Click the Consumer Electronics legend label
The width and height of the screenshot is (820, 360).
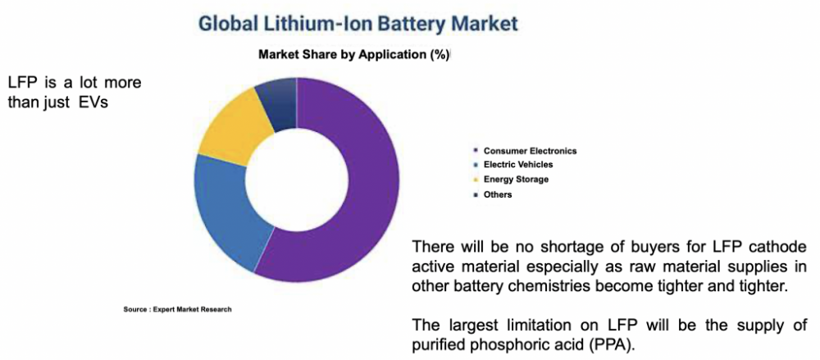530,151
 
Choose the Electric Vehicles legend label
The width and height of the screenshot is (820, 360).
517,165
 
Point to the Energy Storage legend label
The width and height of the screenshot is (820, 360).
516,180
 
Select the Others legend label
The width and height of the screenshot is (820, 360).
498,194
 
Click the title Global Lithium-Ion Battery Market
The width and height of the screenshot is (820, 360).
358,25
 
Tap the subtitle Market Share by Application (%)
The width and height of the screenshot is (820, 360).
354,56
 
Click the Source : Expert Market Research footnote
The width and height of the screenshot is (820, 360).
177,309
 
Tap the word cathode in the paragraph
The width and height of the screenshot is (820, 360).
779,247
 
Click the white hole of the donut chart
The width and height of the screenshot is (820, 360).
297,181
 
